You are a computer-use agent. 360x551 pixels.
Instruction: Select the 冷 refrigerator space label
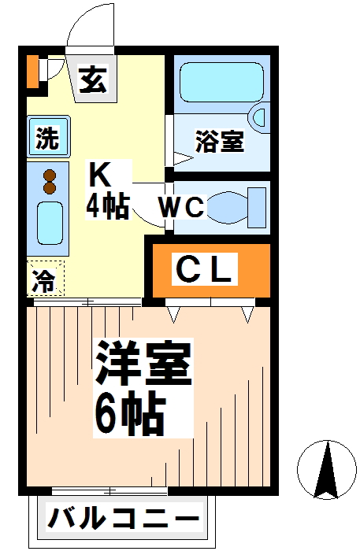[44, 280]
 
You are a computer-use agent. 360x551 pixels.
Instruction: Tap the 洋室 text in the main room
[143, 364]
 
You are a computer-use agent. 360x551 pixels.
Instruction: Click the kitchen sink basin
[50, 223]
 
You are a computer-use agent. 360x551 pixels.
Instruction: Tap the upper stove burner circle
[50, 175]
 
